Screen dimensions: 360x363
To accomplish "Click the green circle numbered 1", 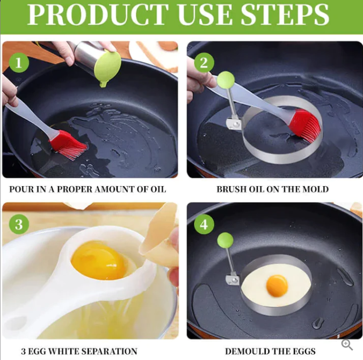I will point(19,63).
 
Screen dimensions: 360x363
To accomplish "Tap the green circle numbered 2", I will point(203,63).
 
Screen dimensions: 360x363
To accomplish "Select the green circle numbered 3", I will point(19,224).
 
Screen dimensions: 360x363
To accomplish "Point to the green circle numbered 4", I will point(203,224).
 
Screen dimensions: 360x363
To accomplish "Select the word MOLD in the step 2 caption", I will point(317,189).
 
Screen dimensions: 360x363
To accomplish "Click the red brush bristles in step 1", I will point(70,146).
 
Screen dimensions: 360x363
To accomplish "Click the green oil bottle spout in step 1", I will point(107,70).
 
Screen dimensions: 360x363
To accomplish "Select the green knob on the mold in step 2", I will point(226,79).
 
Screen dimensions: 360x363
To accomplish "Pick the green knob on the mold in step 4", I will point(225,240).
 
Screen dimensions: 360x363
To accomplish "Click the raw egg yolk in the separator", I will point(97,260).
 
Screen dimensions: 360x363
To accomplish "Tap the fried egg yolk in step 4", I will point(277,285).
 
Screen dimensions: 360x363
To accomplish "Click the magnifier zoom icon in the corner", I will point(347,345).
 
